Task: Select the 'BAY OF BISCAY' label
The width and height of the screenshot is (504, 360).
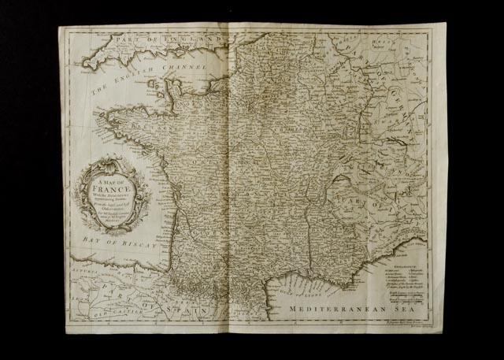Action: click(113, 236)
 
